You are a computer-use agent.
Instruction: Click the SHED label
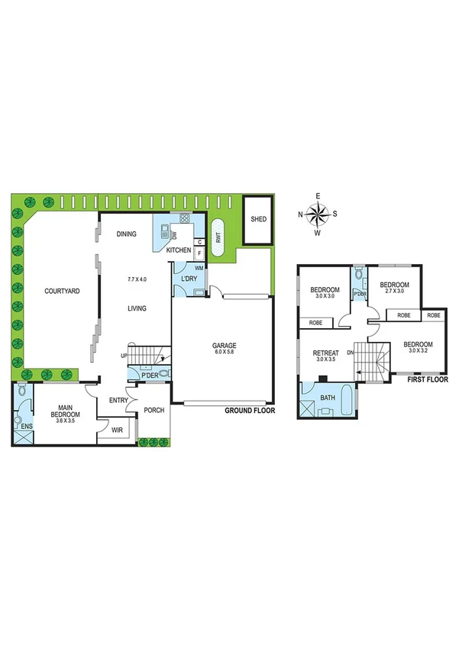click(x=258, y=221)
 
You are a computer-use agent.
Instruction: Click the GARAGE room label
click(x=223, y=346)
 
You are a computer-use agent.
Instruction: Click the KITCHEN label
click(x=179, y=250)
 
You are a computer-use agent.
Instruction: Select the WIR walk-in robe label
click(x=117, y=430)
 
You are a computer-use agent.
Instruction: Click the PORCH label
click(x=154, y=411)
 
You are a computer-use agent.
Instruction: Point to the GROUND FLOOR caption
click(x=249, y=411)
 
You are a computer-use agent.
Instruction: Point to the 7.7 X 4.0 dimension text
click(x=137, y=280)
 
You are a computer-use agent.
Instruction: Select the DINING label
click(x=127, y=234)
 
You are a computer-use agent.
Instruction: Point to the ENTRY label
click(x=119, y=400)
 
